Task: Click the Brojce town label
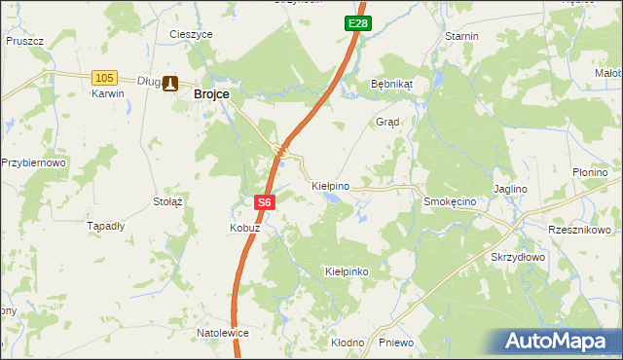pyautogui.click(x=211, y=93)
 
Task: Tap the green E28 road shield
pyautogui.click(x=356, y=22)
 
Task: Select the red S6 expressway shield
pyautogui.click(x=265, y=202)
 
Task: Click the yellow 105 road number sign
pyautogui.click(x=105, y=77)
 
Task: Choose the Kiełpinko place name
pyautogui.click(x=347, y=271)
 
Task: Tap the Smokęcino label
pyautogui.click(x=449, y=201)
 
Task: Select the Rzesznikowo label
pyautogui.click(x=579, y=230)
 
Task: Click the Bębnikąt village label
pyautogui.click(x=392, y=84)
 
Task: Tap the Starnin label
pyautogui.click(x=461, y=36)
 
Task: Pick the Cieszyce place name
pyautogui.click(x=191, y=34)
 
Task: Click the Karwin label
pyautogui.click(x=108, y=94)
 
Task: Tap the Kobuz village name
pyautogui.click(x=244, y=228)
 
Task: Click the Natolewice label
pyautogui.click(x=223, y=333)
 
